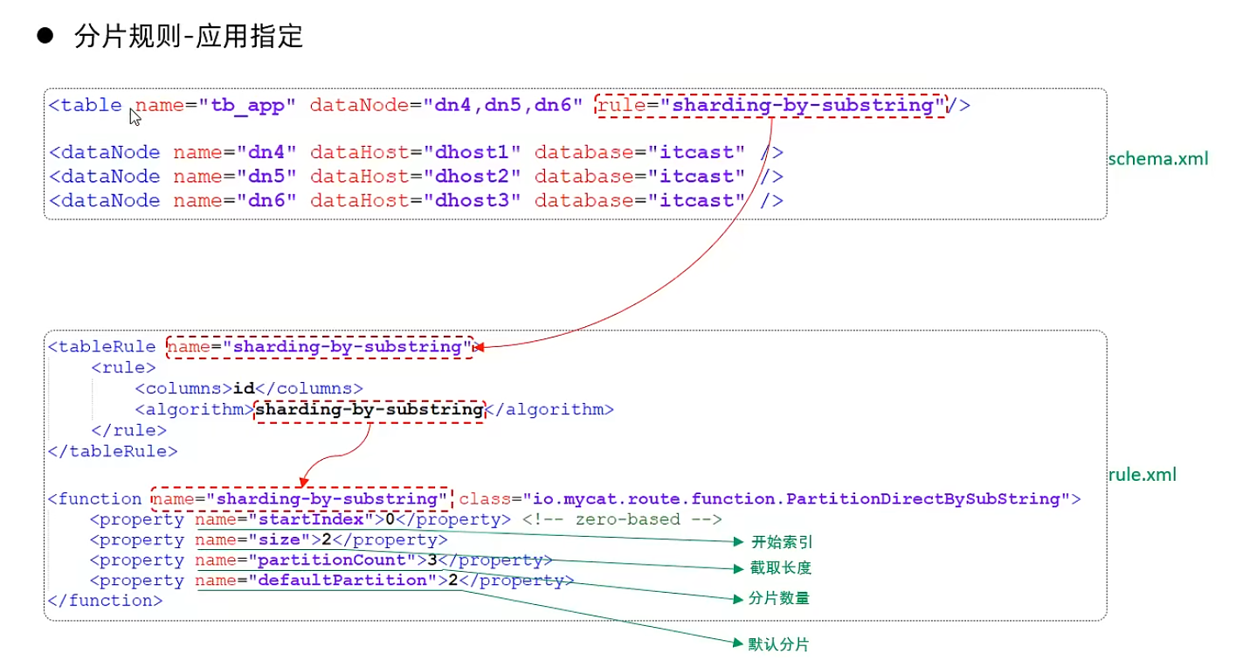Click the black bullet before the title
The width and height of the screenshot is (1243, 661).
click(45, 36)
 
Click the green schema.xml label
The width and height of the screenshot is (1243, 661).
click(1158, 159)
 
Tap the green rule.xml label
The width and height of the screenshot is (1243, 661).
click(1142, 475)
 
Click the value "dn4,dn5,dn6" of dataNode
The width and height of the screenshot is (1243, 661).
click(502, 106)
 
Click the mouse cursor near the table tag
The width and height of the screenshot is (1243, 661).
click(135, 116)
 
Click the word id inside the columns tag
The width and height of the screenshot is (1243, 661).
click(244, 388)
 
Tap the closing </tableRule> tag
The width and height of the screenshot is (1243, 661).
click(113, 451)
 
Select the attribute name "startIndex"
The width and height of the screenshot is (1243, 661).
click(311, 519)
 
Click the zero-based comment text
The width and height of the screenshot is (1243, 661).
click(622, 519)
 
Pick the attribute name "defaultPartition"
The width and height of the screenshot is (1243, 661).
click(342, 581)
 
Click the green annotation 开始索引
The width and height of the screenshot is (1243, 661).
click(781, 542)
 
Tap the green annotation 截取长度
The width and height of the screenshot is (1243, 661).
click(780, 567)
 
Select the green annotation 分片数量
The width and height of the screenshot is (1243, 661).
click(778, 598)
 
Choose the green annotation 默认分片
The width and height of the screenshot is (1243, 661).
click(778, 644)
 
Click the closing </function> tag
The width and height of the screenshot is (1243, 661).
click(106, 601)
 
